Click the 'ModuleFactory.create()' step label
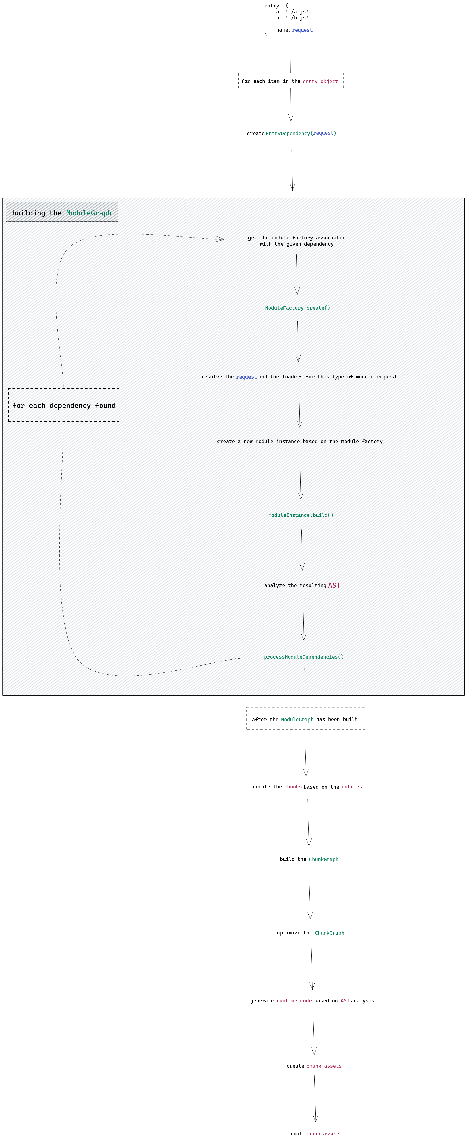[297, 308]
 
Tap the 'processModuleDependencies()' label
[303, 657]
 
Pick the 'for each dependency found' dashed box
[64, 405]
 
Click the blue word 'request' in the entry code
[302, 30]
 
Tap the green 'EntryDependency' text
[288, 134]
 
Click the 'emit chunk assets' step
[316, 1134]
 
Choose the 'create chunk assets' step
[314, 1066]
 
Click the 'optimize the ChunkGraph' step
[310, 933]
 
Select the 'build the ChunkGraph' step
[309, 860]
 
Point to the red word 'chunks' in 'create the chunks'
[293, 787]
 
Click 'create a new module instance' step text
[300, 442]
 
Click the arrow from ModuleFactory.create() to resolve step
[298, 341]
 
